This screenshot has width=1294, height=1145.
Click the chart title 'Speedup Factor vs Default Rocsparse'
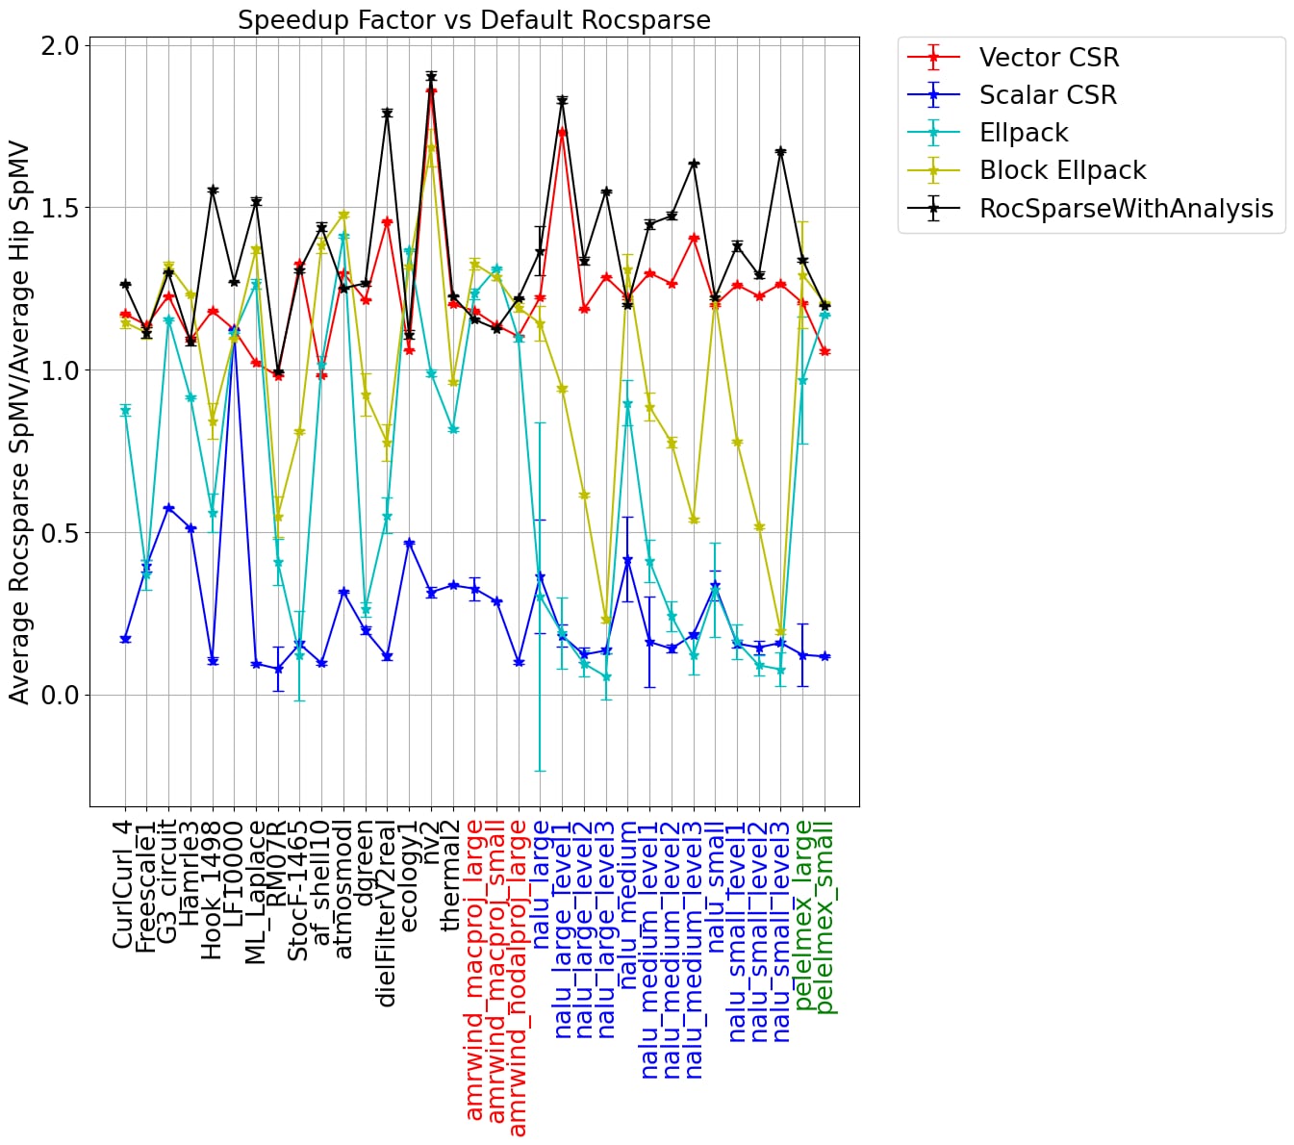coord(474,20)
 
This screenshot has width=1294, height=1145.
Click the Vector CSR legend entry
coord(1049,58)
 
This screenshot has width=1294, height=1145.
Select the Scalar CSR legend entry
coord(1048,95)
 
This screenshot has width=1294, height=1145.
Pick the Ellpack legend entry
coord(1024,133)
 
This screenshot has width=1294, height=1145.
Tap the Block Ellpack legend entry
coord(1062,170)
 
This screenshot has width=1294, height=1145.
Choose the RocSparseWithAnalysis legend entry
coord(1126,209)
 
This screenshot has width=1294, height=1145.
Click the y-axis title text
coord(20,423)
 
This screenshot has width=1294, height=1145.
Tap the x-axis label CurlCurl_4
coord(123,885)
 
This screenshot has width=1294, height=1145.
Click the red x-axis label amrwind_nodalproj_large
coord(519,978)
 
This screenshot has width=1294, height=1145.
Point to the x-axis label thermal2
coord(452,877)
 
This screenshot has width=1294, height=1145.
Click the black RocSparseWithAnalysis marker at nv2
coord(431,76)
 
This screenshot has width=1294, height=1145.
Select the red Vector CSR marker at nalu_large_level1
coord(563,131)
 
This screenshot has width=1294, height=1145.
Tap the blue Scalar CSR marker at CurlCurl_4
coord(125,640)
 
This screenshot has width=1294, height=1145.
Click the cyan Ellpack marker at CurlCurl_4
coord(125,411)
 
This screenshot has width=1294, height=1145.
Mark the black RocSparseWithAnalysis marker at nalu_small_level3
coord(781,152)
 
